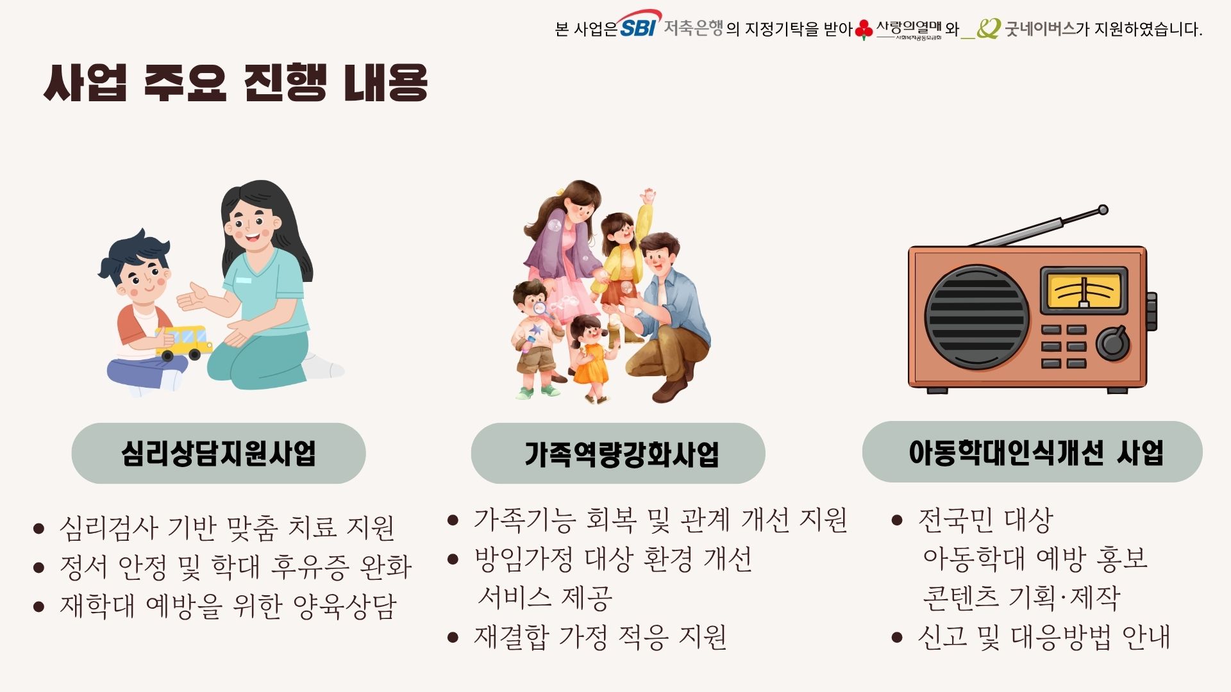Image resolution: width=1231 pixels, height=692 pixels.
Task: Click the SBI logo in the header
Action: [x=639, y=24]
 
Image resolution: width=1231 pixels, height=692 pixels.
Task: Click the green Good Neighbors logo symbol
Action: [x=988, y=29]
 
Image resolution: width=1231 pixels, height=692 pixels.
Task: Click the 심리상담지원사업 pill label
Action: [x=219, y=453]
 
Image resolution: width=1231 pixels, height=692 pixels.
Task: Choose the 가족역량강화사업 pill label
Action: [x=618, y=453]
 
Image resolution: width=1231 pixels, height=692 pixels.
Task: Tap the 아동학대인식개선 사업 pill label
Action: [x=1032, y=452]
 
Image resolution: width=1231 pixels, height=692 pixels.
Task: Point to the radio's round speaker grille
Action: [x=976, y=317]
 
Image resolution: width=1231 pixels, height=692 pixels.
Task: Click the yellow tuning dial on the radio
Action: [x=1084, y=291]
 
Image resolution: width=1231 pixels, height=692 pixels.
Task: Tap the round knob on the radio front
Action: [x=1113, y=343]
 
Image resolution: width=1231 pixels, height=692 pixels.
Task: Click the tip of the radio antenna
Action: [x=1103, y=210]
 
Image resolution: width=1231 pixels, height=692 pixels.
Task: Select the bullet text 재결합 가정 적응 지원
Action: [x=600, y=637]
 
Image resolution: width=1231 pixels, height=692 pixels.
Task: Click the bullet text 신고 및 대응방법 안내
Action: [x=1044, y=637]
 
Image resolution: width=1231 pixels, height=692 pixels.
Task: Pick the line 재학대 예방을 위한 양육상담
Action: [x=228, y=606]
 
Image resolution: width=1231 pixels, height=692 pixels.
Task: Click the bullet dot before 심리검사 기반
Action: [x=38, y=529]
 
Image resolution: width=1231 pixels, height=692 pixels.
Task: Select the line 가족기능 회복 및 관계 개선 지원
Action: [x=661, y=520]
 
